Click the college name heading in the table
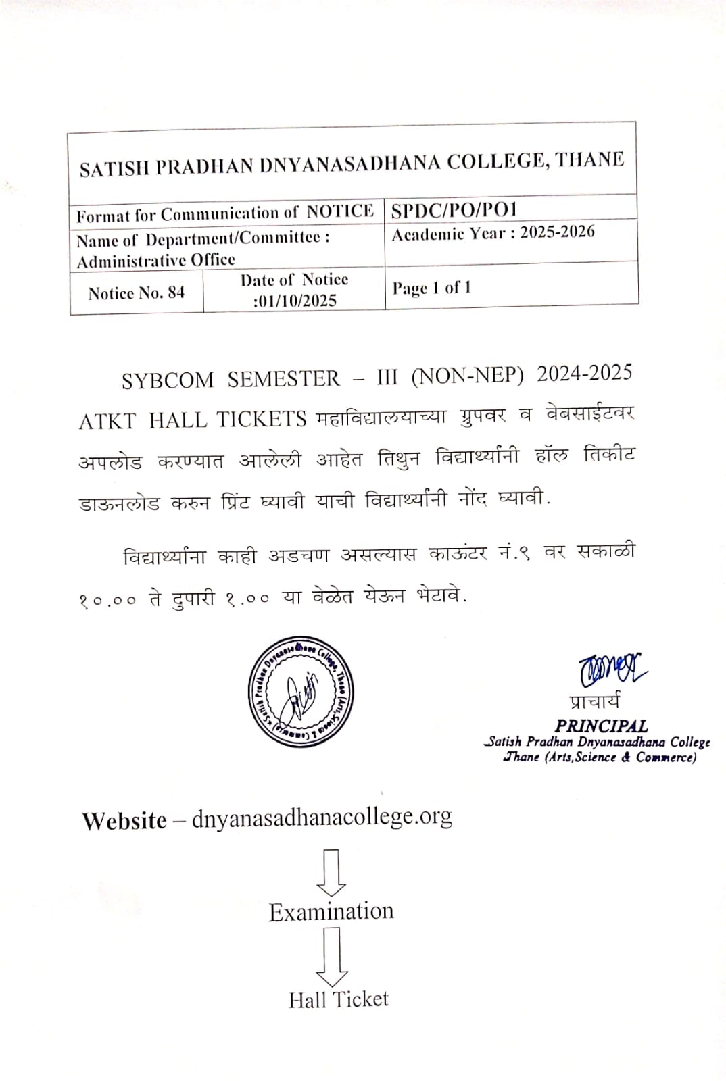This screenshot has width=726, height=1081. click(352, 164)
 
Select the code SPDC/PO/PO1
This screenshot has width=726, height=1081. click(454, 210)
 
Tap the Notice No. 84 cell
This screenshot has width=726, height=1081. click(136, 293)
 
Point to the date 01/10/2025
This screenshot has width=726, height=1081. click(296, 301)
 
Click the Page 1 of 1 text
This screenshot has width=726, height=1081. click(431, 288)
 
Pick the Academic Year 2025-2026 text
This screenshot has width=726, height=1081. click(493, 234)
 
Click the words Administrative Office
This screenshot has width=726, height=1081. click(155, 261)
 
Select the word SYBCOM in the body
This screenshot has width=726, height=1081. click(167, 380)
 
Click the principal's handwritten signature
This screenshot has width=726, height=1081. click(611, 670)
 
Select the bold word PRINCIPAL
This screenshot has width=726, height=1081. click(601, 726)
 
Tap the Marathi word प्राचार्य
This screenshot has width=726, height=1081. click(594, 702)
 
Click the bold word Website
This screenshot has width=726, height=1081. click(124, 821)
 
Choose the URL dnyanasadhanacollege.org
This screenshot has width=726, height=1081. click(322, 818)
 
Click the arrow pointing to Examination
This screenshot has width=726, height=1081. click(331, 872)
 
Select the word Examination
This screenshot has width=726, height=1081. click(331, 911)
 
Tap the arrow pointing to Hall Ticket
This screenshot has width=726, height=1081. click(332, 957)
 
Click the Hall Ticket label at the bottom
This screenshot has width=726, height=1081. click(339, 999)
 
